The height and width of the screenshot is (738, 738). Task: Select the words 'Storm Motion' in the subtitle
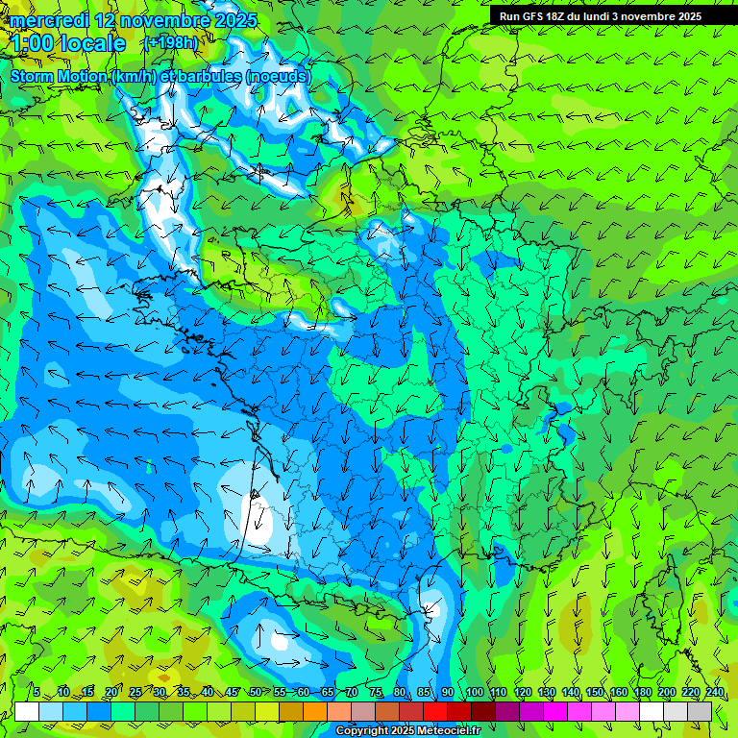pyautogui.click(x=59, y=76)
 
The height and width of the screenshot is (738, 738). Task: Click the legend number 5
pyautogui.click(x=37, y=692)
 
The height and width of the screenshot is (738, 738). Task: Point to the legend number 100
pyautogui.click(x=474, y=692)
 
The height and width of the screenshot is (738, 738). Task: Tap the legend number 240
pyautogui.click(x=715, y=692)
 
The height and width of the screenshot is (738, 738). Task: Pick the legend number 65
pyautogui.click(x=327, y=692)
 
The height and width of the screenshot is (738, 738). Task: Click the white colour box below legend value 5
pyautogui.click(x=27, y=711)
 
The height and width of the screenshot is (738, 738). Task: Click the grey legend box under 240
pyautogui.click(x=700, y=711)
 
